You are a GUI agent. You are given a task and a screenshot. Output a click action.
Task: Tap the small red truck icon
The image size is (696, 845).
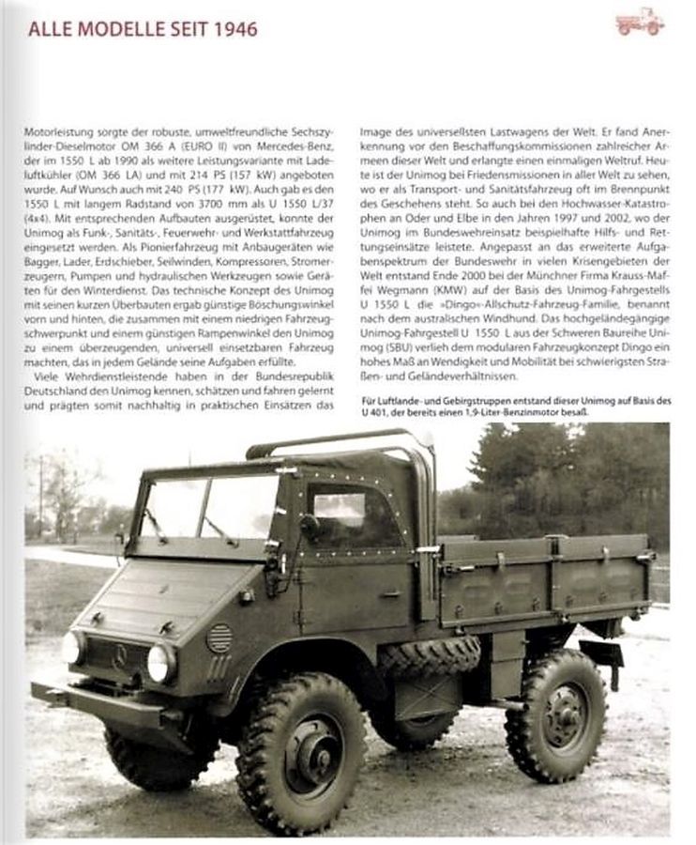coord(640,23)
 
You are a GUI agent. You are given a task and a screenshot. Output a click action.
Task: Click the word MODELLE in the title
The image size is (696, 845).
coord(118,29)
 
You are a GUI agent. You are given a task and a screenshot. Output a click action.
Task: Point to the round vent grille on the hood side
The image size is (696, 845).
coord(218,638)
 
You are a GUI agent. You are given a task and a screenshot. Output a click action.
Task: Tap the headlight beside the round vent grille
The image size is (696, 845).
coord(160,663)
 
